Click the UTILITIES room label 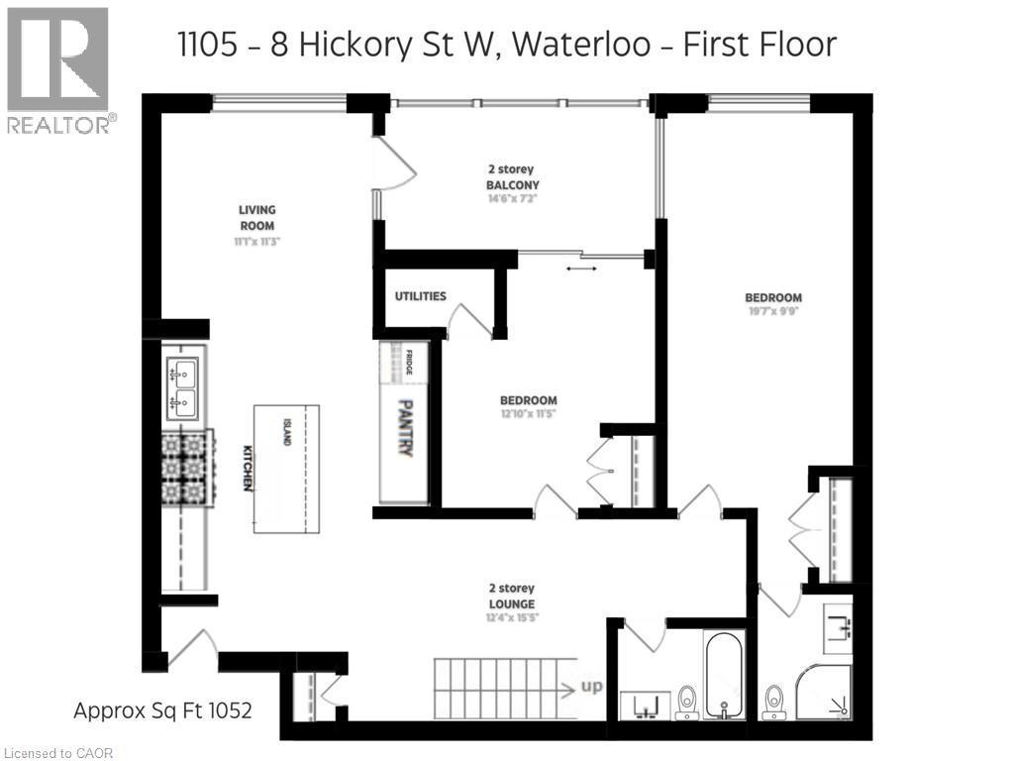(x=420, y=296)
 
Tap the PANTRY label (x=405, y=428)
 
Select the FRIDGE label (x=409, y=362)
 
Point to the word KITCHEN (x=247, y=468)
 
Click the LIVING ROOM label (x=256, y=217)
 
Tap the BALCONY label (x=513, y=185)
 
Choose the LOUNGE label (x=512, y=603)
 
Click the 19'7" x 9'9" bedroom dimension (x=773, y=310)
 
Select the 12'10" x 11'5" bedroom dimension (x=528, y=413)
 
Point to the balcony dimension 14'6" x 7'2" (x=512, y=198)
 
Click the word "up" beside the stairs (x=591, y=686)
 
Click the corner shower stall (x=824, y=692)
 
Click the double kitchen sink (x=182, y=388)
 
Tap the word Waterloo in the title (x=582, y=46)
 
